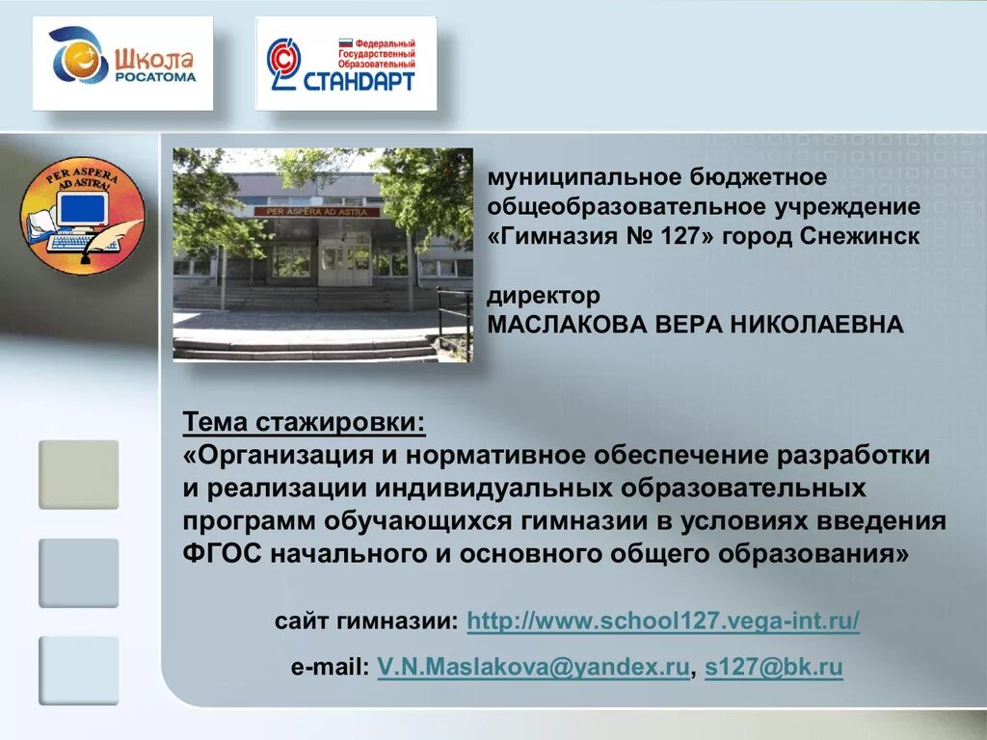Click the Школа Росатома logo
point(122,63)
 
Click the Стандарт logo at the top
point(345,63)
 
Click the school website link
point(663,621)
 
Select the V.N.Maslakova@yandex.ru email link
point(534,668)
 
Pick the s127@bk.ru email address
point(774,668)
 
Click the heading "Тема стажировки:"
point(304,422)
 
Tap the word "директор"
point(544,295)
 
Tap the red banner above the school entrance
point(317,211)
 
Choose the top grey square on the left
point(78,474)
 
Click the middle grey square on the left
point(78,572)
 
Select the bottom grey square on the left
point(78,670)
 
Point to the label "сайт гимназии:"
point(366,621)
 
